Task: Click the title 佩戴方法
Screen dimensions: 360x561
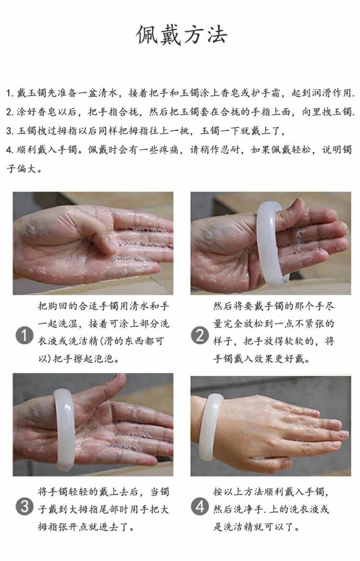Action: (181, 35)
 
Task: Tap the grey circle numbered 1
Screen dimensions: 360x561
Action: (24, 336)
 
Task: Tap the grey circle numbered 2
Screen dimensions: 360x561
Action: (200, 335)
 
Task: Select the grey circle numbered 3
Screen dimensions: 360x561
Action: (24, 507)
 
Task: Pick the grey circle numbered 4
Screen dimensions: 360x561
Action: (200, 507)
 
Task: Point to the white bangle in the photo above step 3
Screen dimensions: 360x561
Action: (64, 429)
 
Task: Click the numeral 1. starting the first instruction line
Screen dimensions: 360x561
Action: (10, 94)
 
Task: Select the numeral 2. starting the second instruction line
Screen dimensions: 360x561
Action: (10, 112)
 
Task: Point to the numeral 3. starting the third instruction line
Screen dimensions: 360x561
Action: (10, 131)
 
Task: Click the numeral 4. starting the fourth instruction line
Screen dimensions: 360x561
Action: (10, 150)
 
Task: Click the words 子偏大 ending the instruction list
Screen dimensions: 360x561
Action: (22, 168)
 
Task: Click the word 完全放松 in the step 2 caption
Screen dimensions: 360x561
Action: (243, 324)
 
